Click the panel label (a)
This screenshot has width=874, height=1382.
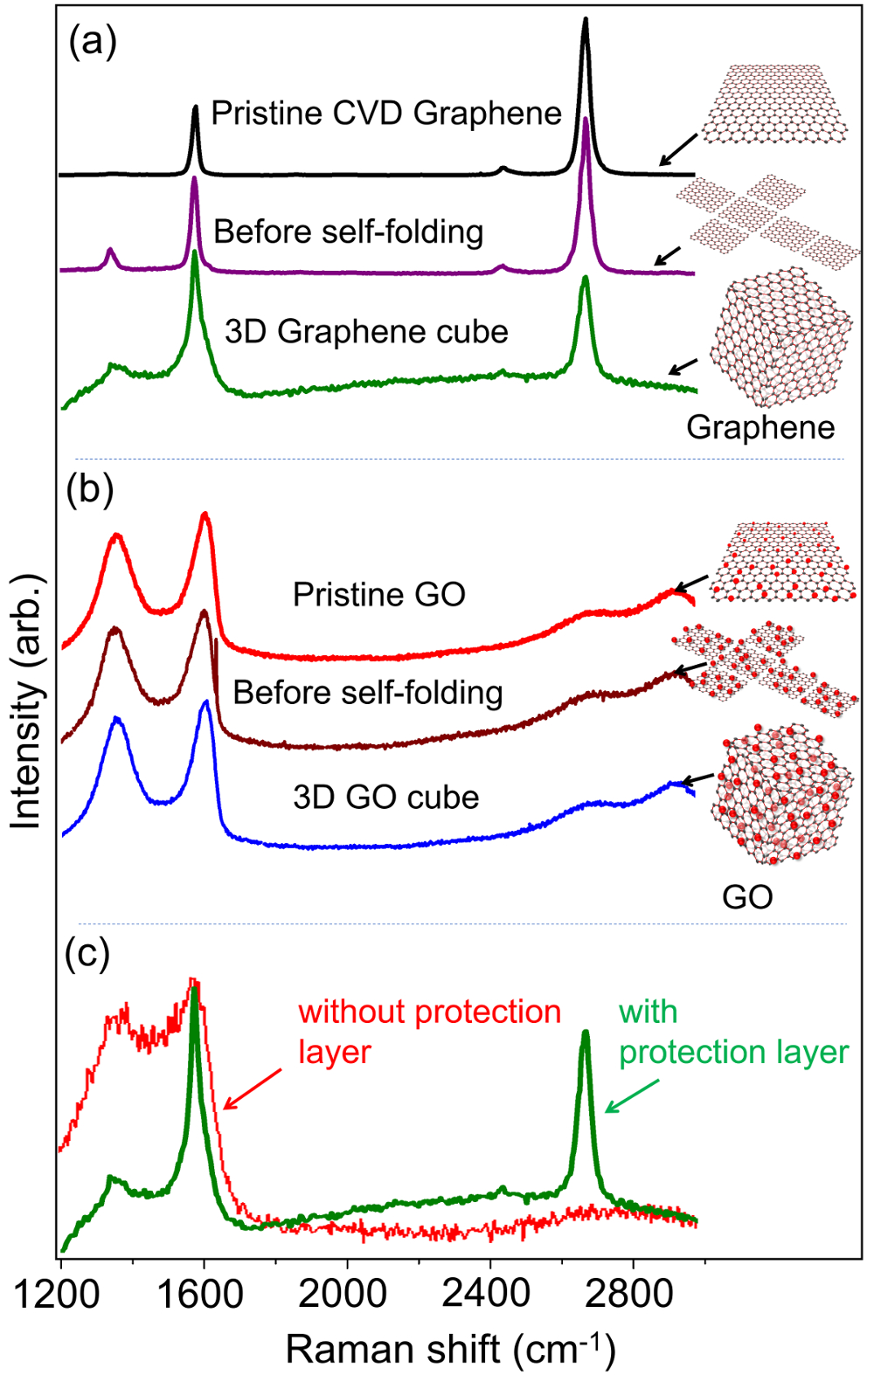(x=93, y=41)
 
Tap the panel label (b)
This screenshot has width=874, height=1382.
(x=90, y=490)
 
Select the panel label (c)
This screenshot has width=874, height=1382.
(x=87, y=954)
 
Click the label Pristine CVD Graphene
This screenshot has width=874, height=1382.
(x=386, y=114)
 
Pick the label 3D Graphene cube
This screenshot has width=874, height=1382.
(x=366, y=332)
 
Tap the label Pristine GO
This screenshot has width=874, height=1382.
(x=378, y=595)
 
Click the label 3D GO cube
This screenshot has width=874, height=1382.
(x=385, y=798)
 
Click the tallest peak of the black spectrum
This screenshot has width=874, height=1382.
(x=585, y=21)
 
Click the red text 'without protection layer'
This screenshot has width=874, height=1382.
(x=428, y=1032)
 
